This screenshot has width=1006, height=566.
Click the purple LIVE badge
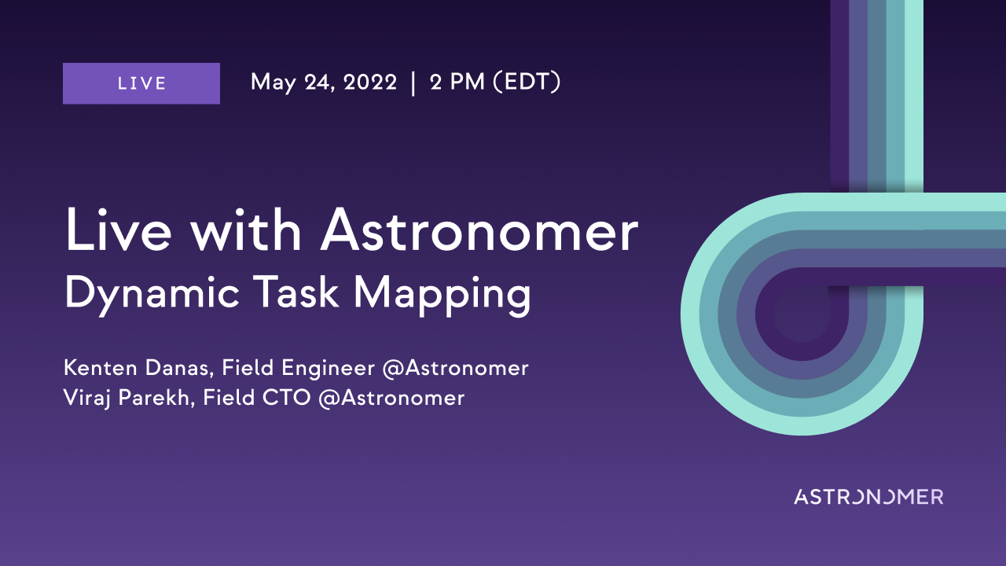141,83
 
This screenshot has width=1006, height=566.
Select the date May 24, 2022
324,83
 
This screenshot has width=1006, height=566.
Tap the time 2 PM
457,83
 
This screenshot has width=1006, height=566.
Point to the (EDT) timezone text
527,83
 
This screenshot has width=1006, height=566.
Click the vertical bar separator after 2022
413,83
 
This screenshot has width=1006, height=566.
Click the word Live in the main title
118,230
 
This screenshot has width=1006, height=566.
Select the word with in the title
246,230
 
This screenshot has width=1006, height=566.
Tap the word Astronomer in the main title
479,230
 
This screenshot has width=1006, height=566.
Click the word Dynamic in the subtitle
152,294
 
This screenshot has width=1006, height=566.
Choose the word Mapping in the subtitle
442,294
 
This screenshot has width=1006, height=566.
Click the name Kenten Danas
137,368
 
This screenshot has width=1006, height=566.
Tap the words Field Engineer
298,369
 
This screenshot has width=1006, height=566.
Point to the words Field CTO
256,398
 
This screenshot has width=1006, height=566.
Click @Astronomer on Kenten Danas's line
455,369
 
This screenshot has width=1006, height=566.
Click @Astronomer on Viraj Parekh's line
391,398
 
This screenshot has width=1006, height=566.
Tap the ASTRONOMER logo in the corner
868,497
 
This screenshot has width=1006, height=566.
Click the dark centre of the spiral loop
802,314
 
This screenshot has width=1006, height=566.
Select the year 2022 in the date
370,83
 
